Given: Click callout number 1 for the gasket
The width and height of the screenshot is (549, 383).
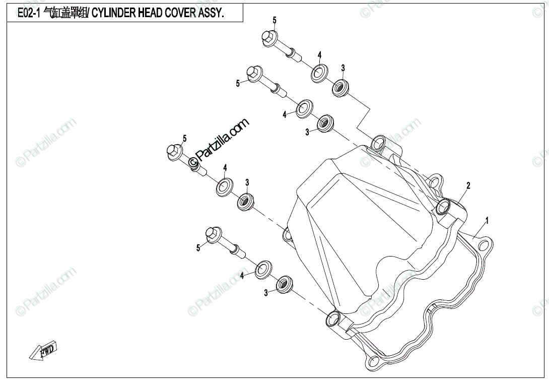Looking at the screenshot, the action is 487,220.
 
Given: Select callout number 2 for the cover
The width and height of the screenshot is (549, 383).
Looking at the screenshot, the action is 468,185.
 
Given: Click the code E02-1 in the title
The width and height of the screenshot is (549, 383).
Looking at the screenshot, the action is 29,13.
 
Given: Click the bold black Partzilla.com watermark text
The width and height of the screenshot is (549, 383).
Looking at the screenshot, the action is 220,141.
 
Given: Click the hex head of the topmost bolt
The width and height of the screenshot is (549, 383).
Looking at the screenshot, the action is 268,38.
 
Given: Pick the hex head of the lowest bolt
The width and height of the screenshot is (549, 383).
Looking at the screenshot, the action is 214,235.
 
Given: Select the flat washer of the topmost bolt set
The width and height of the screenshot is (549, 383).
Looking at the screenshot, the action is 318,72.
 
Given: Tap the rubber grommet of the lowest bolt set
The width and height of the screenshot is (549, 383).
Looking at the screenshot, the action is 285,283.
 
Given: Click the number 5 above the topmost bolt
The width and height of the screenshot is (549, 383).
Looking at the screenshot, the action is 274,20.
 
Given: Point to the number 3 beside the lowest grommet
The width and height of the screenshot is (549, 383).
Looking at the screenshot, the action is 266,293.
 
